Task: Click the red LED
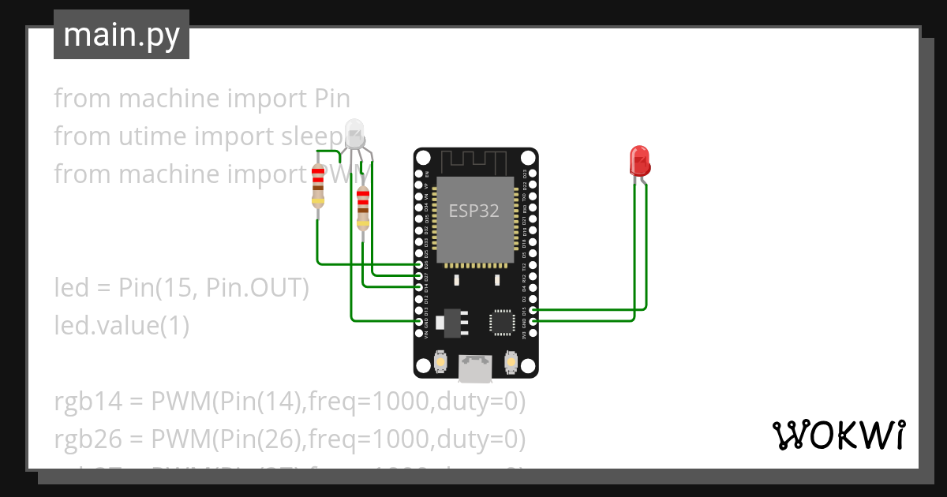[638, 159]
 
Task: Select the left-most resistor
[317, 186]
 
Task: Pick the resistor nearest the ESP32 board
[362, 208]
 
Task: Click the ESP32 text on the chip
[474, 211]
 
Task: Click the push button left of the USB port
[441, 362]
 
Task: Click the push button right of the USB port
[511, 362]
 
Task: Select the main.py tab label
[121, 35]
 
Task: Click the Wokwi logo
[837, 435]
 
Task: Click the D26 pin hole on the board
[419, 265]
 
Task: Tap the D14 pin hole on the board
[419, 287]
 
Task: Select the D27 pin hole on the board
[419, 276]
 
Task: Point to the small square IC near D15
[501, 322]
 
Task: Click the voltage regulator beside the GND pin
[453, 322]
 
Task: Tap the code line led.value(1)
[122, 325]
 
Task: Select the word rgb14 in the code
[88, 402]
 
